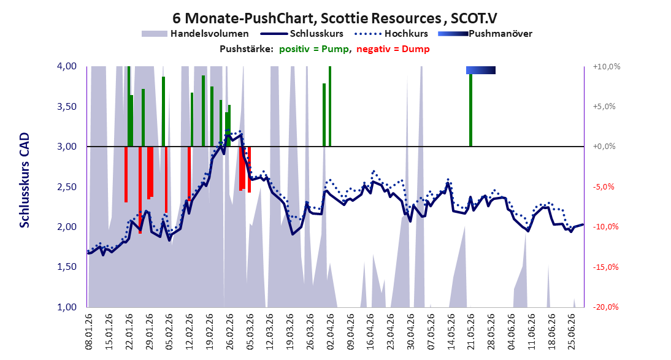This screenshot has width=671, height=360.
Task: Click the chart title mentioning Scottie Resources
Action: point(335,18)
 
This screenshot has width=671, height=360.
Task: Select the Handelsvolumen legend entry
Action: point(195,33)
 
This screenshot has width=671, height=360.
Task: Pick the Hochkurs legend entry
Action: point(391,33)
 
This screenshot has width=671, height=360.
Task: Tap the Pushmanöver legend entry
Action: point(485,33)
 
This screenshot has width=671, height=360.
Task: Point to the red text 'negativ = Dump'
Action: point(393,49)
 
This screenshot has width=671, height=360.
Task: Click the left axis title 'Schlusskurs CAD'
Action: point(25,180)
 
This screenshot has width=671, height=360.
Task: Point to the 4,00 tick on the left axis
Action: point(67,66)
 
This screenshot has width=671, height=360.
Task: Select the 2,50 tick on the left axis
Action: point(67,186)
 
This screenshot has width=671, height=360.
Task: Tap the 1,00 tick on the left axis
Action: point(67,307)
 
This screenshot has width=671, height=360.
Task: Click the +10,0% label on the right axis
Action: point(607,66)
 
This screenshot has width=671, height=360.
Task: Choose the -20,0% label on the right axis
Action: point(606,307)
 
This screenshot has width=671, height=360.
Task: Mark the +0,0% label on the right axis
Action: point(604,147)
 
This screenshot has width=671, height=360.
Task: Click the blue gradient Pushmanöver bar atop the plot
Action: point(481,70)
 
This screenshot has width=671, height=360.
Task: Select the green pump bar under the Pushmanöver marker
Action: point(470,110)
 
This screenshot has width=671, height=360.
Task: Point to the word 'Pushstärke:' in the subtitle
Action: point(247,49)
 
